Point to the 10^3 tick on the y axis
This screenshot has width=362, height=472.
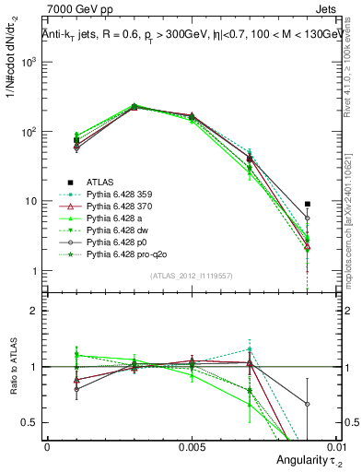point(30,62)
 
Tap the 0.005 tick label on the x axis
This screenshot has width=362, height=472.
point(191,444)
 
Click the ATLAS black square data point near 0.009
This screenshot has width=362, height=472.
point(308,204)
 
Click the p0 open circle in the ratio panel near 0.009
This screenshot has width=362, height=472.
point(308,404)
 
